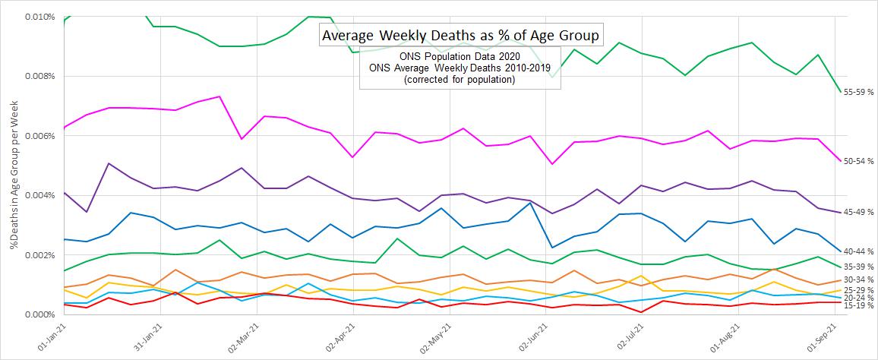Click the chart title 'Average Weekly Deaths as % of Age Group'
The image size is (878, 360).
[461, 35]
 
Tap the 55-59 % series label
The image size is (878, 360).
[860, 92]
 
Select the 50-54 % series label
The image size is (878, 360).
[860, 161]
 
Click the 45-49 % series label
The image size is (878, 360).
[860, 213]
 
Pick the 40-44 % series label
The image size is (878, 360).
[860, 251]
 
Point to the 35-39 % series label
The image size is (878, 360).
[860, 267]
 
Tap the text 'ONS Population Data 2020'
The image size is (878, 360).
[460, 58]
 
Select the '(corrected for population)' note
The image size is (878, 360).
[460, 80]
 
